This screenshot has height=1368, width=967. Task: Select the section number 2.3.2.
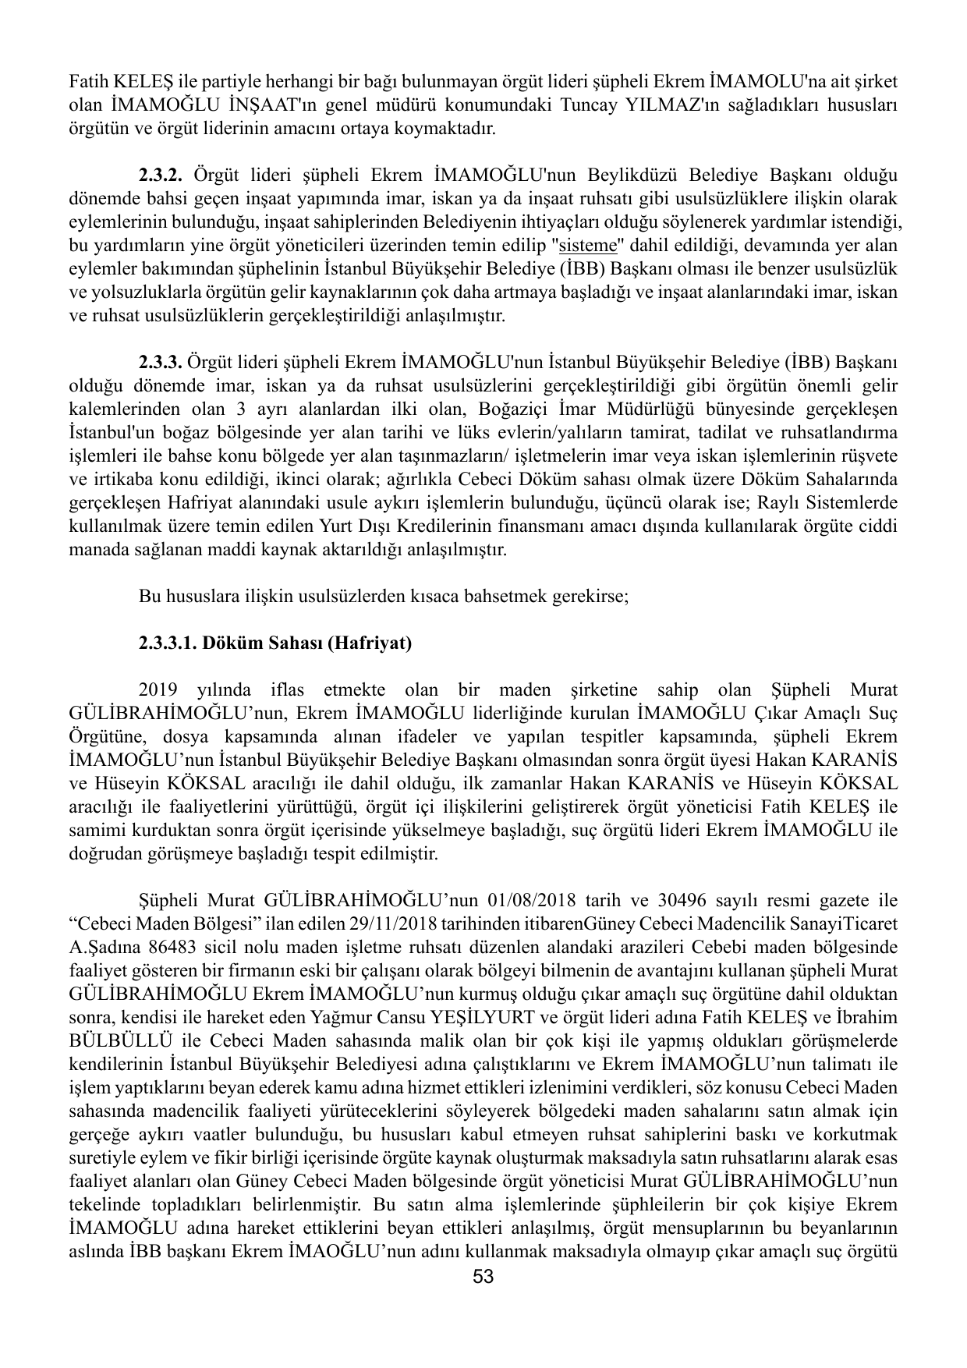161,172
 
